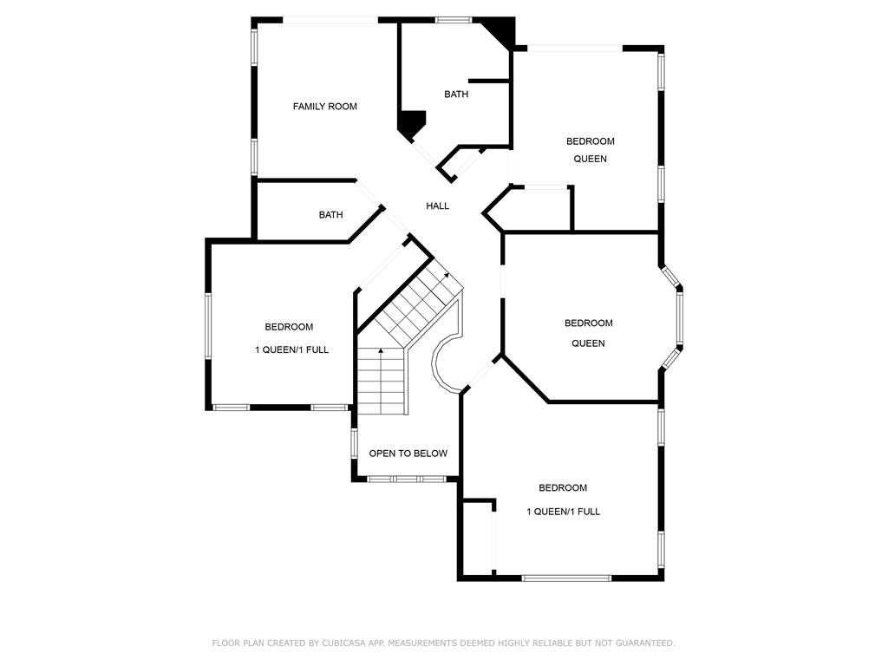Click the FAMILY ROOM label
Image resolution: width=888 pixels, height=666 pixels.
click(324, 107)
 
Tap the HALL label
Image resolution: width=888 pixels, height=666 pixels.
click(437, 206)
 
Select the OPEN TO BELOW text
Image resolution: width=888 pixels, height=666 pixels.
click(408, 453)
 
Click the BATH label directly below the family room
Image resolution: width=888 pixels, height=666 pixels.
click(330, 215)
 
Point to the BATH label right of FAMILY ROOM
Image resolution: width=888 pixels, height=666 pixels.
click(456, 94)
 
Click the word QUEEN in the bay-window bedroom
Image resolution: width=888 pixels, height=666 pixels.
click(588, 343)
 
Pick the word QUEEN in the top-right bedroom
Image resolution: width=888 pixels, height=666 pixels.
click(590, 159)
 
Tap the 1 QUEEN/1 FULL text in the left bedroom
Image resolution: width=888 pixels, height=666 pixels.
click(291, 349)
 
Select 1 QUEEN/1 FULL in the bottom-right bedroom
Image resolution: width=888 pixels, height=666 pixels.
click(563, 512)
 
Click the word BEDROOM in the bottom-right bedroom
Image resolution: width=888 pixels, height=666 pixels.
click(562, 487)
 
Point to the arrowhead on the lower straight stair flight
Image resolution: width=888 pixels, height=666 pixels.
click(381, 351)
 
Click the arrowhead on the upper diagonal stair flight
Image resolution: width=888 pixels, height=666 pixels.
click(447, 275)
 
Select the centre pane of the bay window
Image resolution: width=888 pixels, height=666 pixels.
click(679, 318)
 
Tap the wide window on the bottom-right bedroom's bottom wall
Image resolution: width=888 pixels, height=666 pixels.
click(566, 578)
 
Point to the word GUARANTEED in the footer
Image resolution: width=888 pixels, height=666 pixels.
click(644, 643)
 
